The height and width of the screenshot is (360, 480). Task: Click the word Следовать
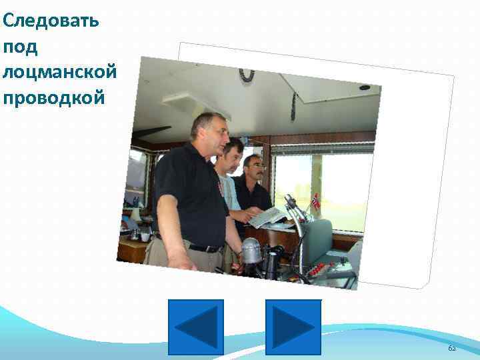51,21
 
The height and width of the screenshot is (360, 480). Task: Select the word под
21,47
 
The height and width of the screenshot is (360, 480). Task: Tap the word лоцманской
59,72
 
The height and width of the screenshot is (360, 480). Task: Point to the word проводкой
53,97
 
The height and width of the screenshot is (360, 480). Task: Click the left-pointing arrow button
196,327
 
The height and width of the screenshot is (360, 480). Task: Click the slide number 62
452,349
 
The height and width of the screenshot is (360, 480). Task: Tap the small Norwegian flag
316,200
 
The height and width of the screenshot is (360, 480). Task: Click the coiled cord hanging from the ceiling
247,75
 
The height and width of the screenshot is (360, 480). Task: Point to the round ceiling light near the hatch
365,87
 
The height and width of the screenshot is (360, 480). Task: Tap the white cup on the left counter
145,236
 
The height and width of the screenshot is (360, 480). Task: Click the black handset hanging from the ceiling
293,107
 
